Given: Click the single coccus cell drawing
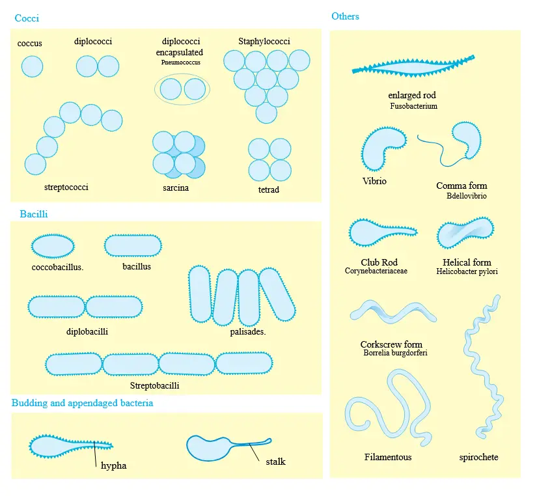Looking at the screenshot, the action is coord(32,66).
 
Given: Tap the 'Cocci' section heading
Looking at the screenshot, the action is coord(27,18).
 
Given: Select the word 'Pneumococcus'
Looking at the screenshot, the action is coord(181,62).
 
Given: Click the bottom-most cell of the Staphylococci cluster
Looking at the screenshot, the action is coord(266,113).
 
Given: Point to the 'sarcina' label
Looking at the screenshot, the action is coord(176,187).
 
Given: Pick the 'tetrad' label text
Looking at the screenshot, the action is coord(268,189).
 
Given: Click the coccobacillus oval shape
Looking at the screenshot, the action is coord(53,246).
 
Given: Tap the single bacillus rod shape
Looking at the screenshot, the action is coord(133,245).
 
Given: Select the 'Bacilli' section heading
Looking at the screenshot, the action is coord(34,214).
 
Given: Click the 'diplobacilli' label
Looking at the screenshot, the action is coord(87,331).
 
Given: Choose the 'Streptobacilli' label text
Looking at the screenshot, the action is coord(154,386).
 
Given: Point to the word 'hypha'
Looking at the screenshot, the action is coord(114,465).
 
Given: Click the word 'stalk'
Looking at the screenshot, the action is coord(276,462).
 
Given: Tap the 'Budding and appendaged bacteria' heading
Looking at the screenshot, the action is coord(82,403).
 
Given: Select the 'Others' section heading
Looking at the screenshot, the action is coord(345,16).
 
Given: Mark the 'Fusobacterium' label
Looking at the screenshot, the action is coord(414,106).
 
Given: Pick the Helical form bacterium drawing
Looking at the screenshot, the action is coord(465,232).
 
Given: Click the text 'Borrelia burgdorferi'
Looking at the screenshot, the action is coord(395,353).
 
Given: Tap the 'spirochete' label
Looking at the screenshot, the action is coord(478,457).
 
